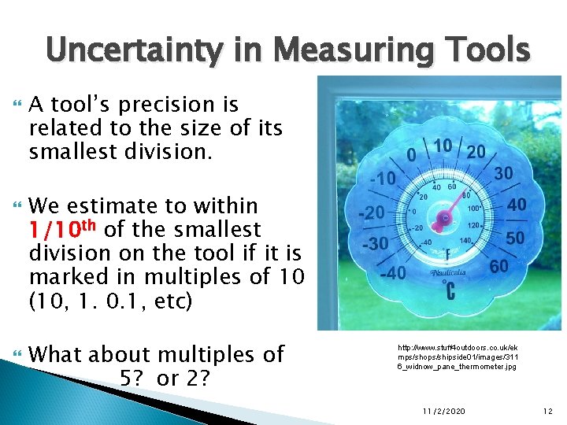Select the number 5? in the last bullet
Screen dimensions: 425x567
pos(134,378)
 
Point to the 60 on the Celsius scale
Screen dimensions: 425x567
pos(499,266)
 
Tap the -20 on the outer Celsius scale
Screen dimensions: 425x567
pos(371,213)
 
